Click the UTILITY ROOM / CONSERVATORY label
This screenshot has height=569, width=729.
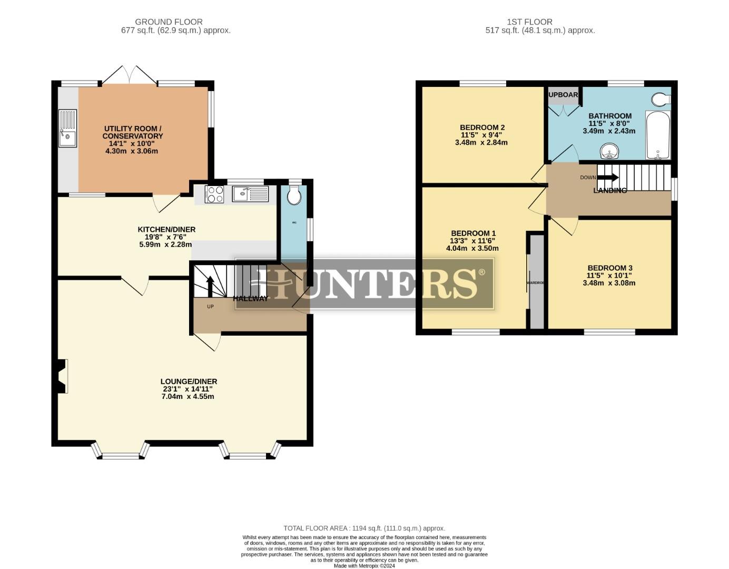click(x=133, y=132)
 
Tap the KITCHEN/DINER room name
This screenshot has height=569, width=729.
click(x=166, y=229)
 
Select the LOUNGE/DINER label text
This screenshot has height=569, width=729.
click(x=189, y=381)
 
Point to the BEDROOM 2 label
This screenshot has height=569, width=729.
click(x=482, y=127)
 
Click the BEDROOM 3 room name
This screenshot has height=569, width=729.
click(x=610, y=268)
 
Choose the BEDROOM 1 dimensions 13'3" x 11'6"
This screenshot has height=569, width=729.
click(x=472, y=241)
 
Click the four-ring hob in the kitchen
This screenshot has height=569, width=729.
click(x=214, y=194)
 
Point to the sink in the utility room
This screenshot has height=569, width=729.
click(x=68, y=129)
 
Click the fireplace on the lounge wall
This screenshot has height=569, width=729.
click(x=62, y=376)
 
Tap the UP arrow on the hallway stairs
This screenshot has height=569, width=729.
click(x=210, y=287)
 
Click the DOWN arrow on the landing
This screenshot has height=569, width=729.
click(x=608, y=178)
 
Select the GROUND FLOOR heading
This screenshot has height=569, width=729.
click(x=169, y=22)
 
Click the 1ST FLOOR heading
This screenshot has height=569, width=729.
click(x=529, y=22)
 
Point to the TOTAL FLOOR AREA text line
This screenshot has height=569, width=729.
click(x=364, y=528)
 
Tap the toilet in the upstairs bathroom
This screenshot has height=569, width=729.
click(x=661, y=99)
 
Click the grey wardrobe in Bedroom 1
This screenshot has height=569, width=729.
click(x=536, y=282)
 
